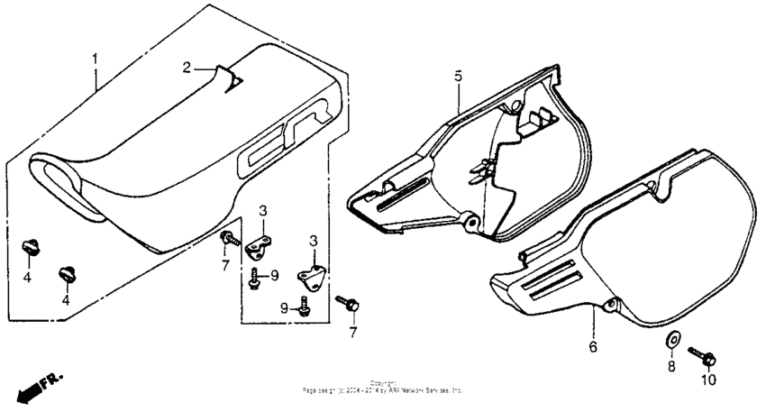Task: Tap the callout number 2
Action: (x=187, y=68)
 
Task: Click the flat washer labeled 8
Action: (x=672, y=340)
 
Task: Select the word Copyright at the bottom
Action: (x=383, y=383)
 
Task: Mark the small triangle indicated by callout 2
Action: (x=233, y=82)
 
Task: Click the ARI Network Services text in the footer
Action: (x=424, y=391)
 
